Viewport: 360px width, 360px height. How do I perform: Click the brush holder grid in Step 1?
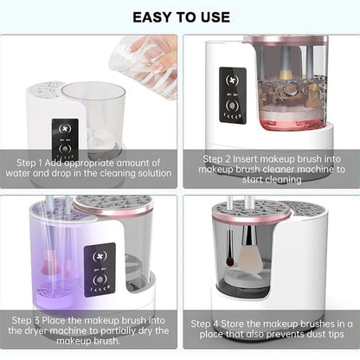coord(48,90)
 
